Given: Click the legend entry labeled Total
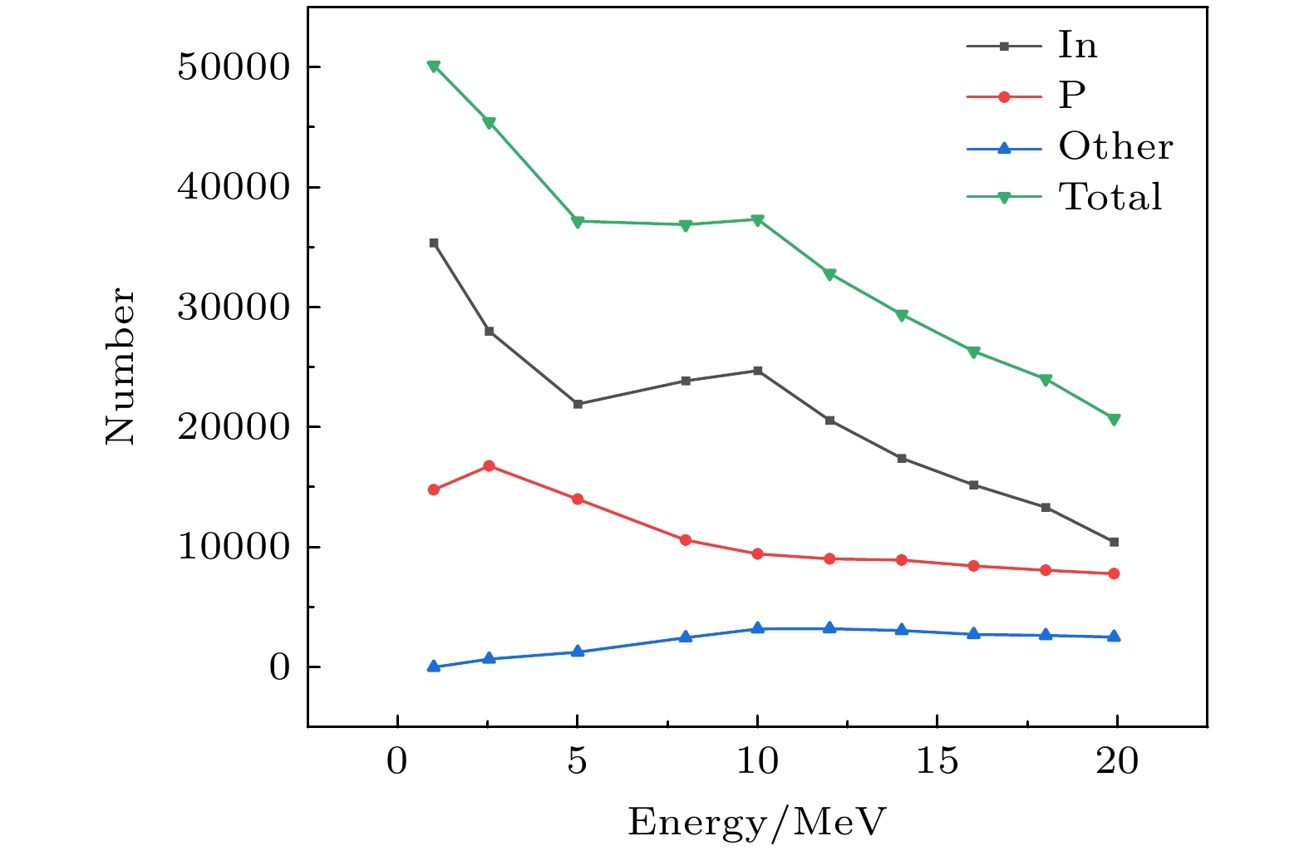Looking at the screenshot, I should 1110,197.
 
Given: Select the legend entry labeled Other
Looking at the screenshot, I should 1115,147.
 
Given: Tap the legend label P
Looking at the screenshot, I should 1072,96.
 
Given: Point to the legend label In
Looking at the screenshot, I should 1077,45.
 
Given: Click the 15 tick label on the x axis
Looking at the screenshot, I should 937,761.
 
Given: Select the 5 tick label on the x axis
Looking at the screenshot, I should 577,761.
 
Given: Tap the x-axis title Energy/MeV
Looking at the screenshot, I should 756,822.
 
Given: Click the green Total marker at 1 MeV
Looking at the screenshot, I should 434,66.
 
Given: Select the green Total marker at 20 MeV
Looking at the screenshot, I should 1114,420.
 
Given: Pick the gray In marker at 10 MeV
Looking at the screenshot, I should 757,371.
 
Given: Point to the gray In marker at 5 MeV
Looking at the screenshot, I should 578,404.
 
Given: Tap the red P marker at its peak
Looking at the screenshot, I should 489,466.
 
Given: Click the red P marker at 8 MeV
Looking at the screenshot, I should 686,540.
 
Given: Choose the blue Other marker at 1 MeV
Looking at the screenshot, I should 434,666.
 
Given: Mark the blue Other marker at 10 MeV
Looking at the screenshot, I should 757,628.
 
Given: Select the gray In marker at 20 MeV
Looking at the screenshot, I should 1114,542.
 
